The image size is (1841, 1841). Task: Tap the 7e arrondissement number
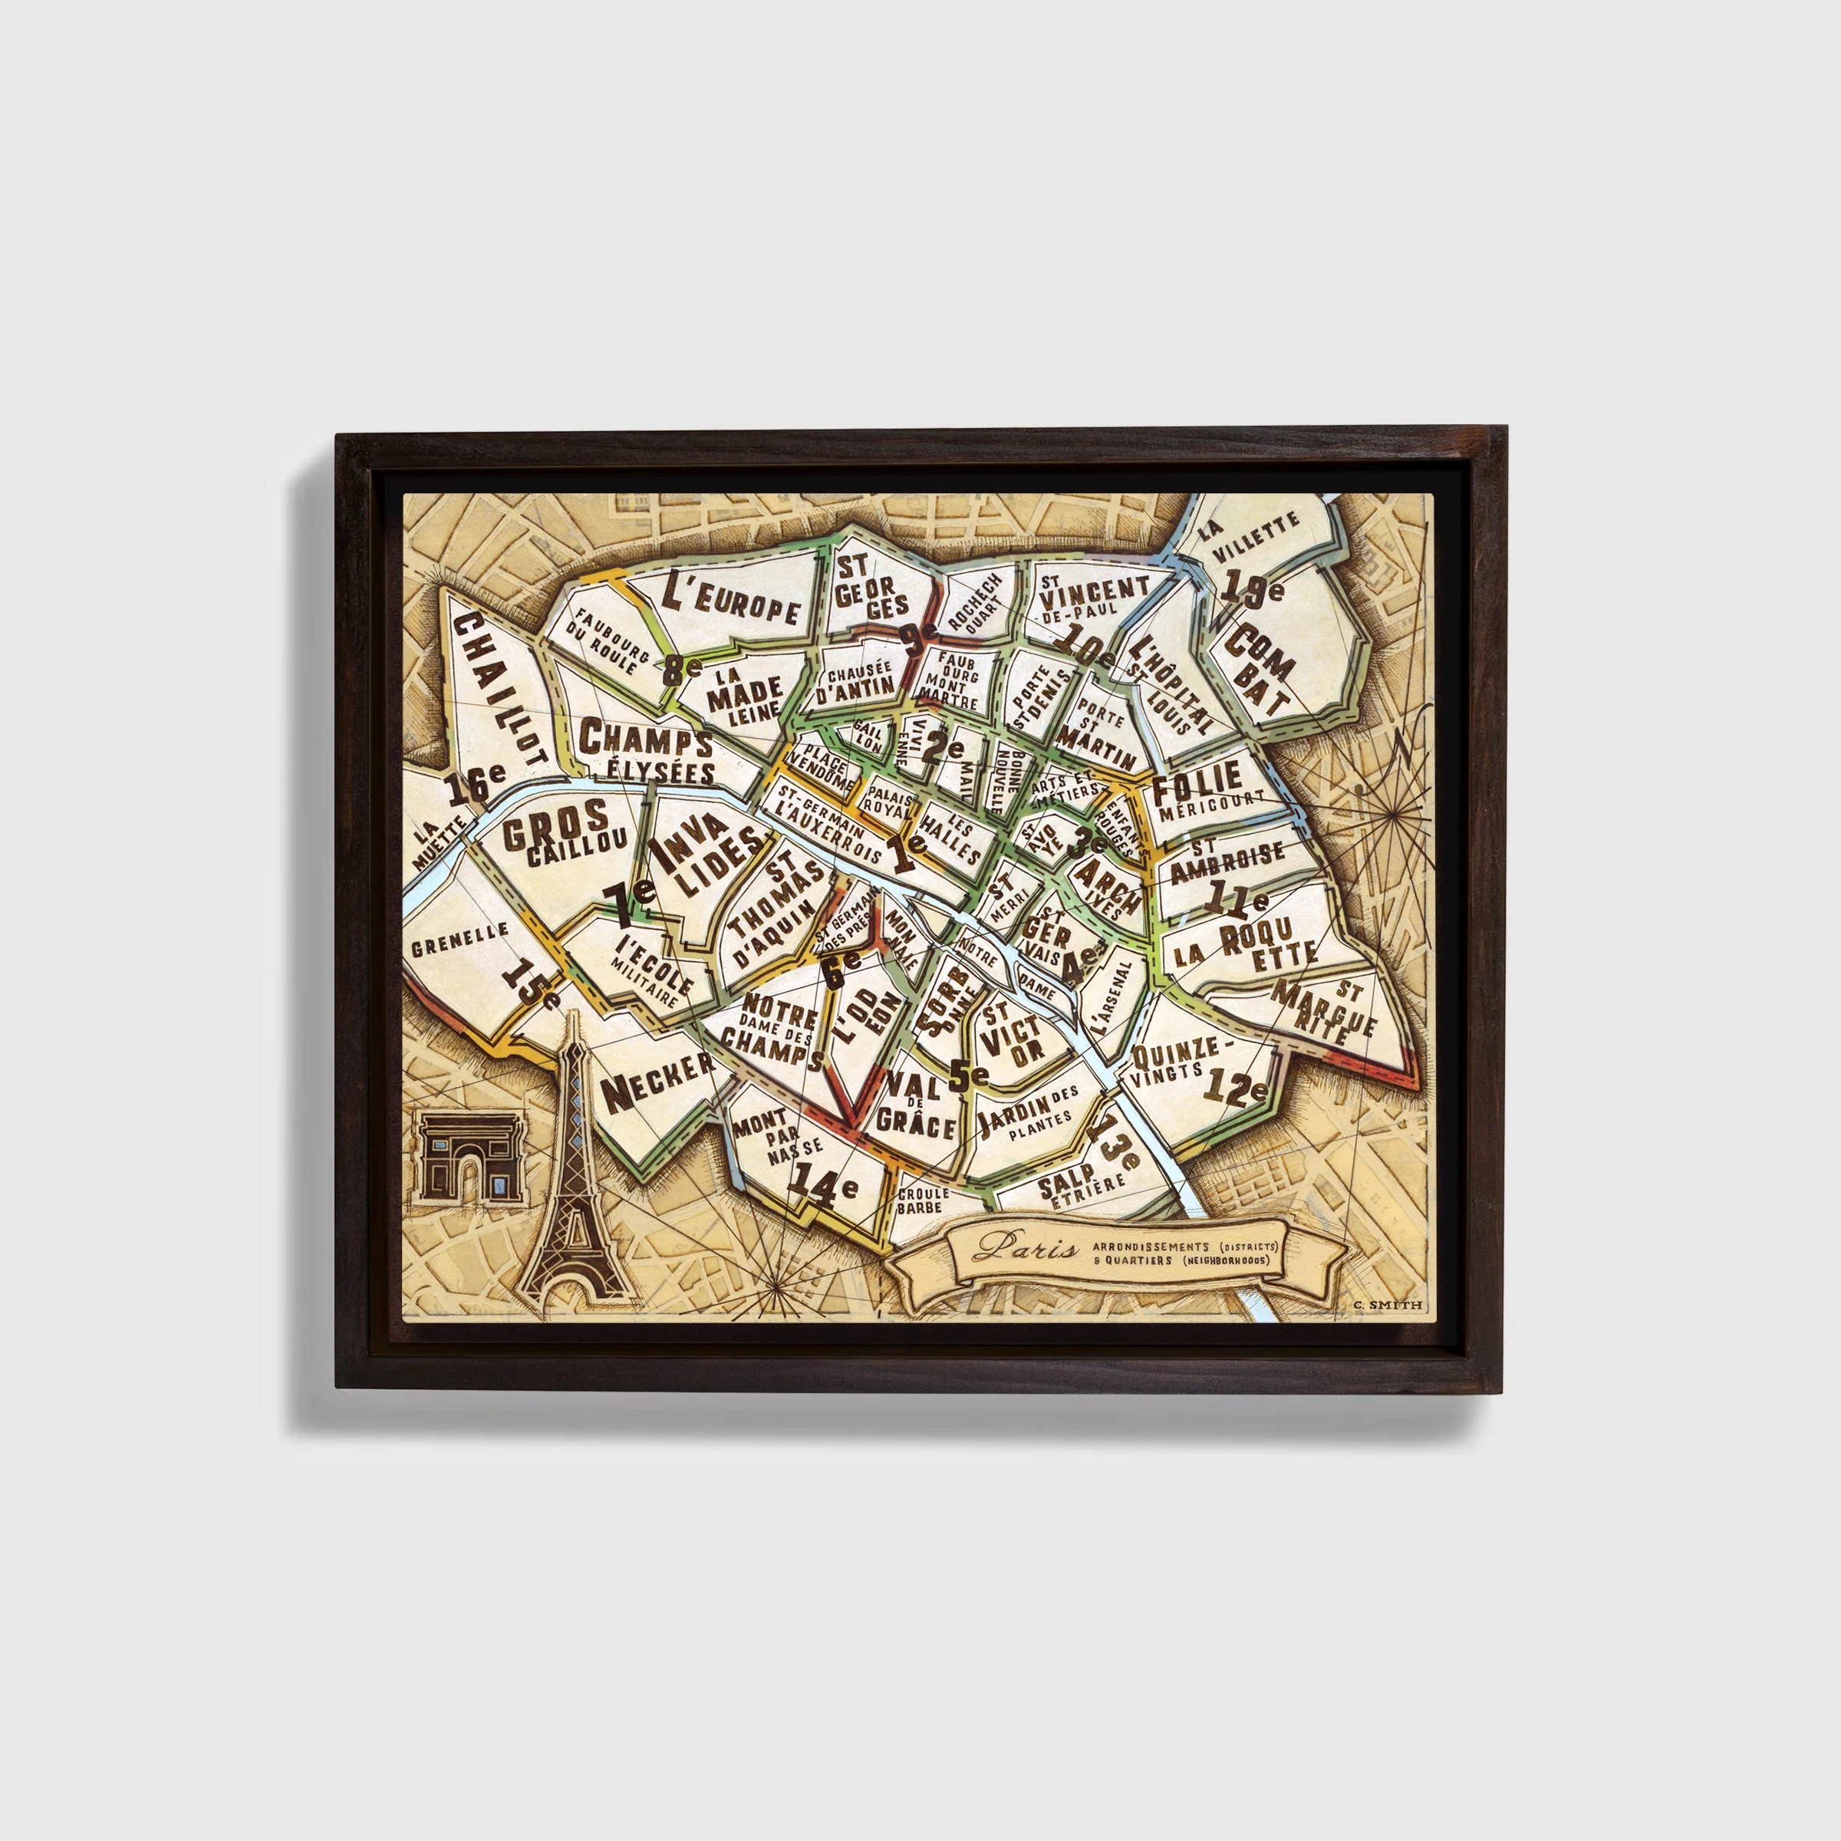(x=628, y=901)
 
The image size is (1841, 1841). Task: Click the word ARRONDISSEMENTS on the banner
(x=1150, y=1247)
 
